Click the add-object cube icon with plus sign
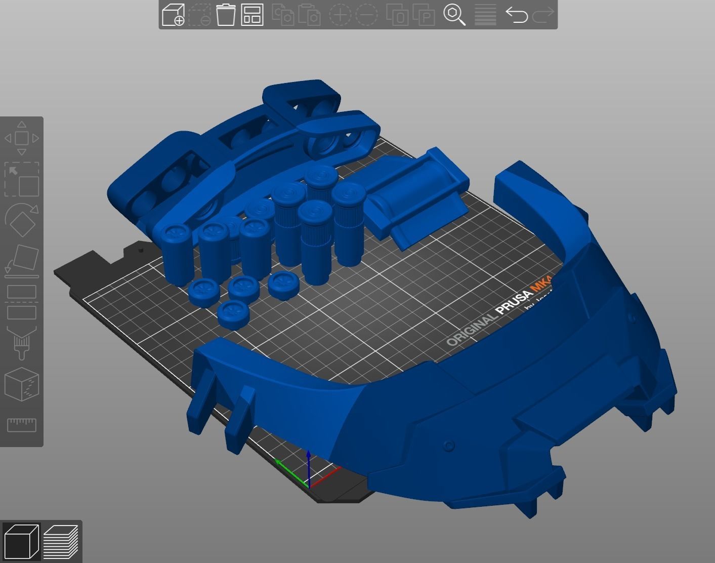[173, 15]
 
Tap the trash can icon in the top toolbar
[226, 15]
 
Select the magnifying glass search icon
[454, 15]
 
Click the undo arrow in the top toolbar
[516, 15]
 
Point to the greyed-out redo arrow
[543, 15]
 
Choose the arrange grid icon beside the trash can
[252, 15]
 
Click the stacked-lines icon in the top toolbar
[485, 15]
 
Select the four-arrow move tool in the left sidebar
[22, 138]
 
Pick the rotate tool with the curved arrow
[22, 220]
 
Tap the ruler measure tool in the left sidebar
[22, 424]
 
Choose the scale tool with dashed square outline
[22, 179]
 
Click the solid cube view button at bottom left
[21, 541]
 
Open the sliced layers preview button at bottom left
[61, 541]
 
